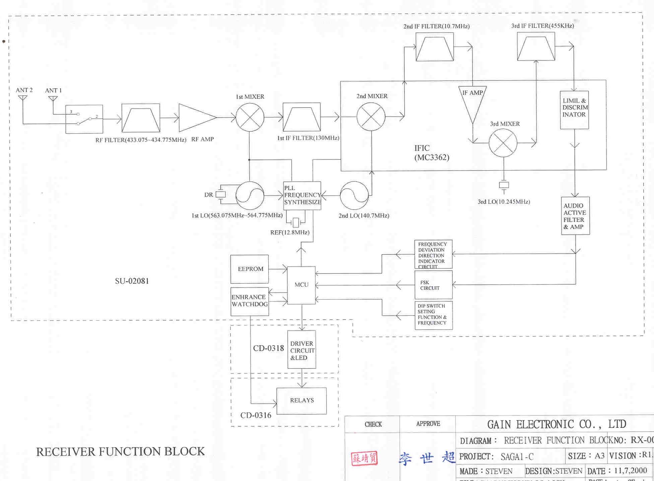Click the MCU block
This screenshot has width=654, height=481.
[x=301, y=285]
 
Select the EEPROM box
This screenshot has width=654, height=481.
[x=249, y=269]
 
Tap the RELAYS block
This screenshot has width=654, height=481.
[x=301, y=401]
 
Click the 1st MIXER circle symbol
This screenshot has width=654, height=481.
[x=250, y=117]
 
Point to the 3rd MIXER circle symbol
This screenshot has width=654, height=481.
[x=503, y=143]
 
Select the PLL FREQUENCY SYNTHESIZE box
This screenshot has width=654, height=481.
[x=302, y=195]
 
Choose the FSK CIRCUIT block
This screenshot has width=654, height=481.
[x=433, y=285]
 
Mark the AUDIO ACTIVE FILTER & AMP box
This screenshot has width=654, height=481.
[x=575, y=216]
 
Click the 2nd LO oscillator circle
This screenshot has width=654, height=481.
[x=354, y=196]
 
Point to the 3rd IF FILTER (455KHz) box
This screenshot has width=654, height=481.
[x=536, y=46]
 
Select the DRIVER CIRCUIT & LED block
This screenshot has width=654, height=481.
[x=301, y=350]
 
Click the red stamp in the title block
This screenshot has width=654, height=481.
[x=364, y=459]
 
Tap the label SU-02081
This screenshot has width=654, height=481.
[x=132, y=281]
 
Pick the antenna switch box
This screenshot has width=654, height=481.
[x=84, y=119]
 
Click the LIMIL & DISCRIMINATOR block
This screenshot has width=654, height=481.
[x=574, y=110]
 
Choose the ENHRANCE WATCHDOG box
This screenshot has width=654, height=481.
[x=249, y=301]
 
